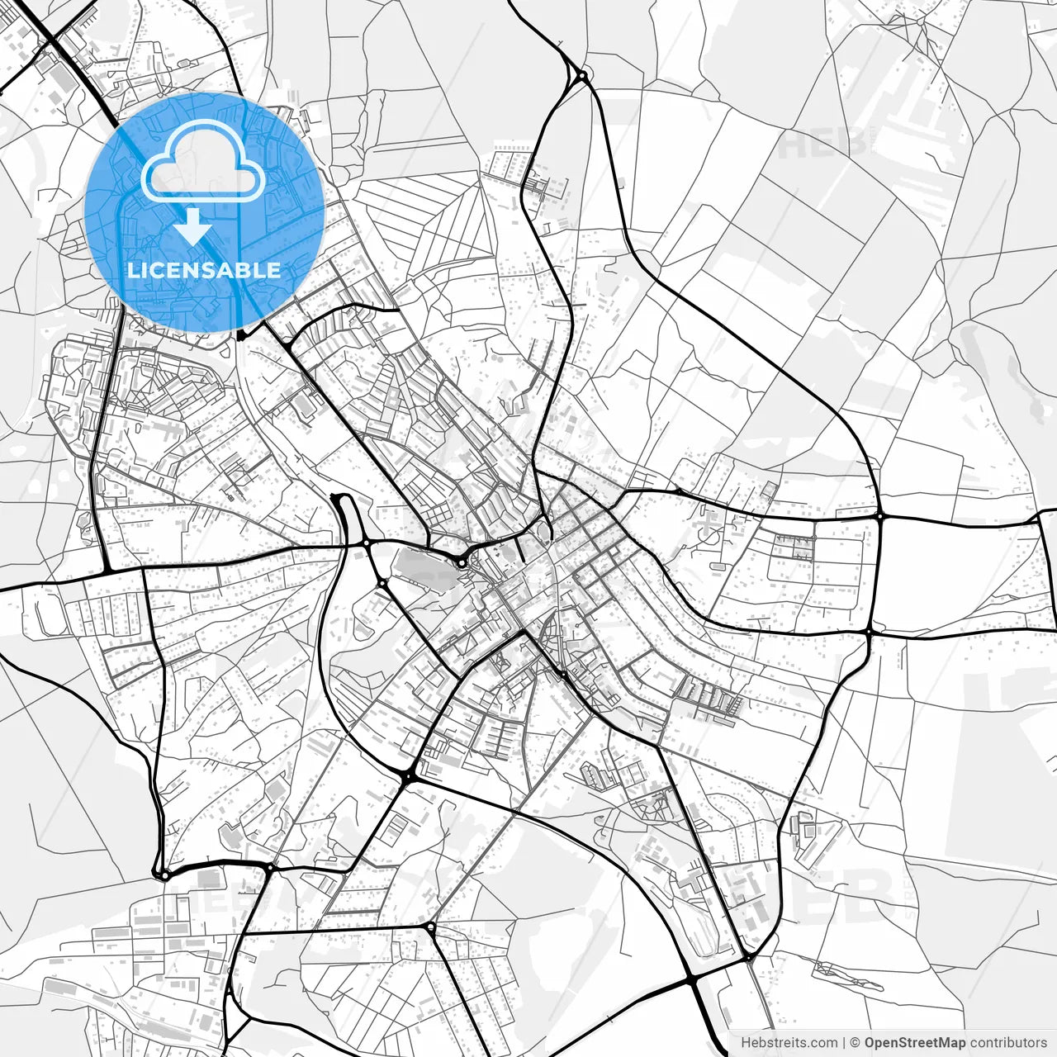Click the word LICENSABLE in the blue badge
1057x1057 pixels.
204,270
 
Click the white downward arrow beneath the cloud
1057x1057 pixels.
193,226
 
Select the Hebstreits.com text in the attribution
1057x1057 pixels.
788,1043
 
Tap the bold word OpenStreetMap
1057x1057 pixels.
915,1043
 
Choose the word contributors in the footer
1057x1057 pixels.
1008,1043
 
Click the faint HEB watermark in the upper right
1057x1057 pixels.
822,142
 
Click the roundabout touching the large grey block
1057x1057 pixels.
461,563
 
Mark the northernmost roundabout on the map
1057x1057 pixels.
581,77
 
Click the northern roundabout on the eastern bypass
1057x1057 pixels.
880,515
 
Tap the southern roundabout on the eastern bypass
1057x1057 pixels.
870,632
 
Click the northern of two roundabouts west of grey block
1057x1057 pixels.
365,543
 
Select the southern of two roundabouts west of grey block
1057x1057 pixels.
382,583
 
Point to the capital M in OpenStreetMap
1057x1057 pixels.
942,1043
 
